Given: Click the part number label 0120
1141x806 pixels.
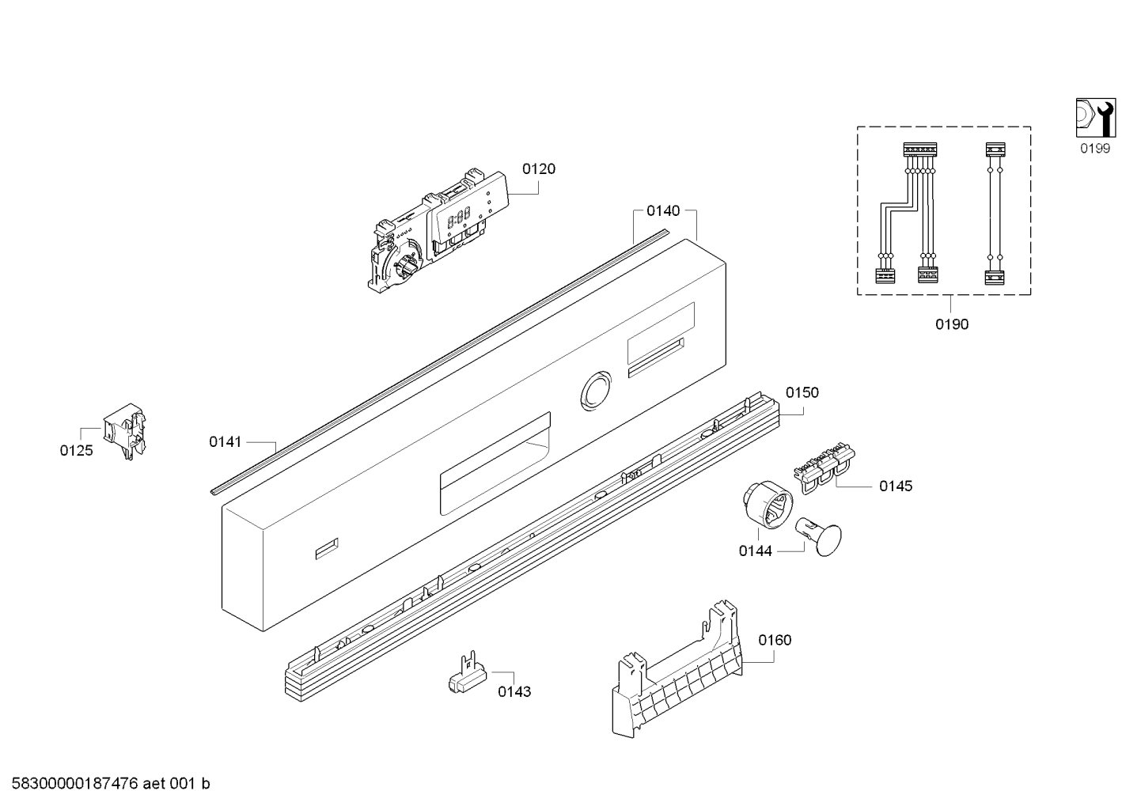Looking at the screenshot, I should point(538,168).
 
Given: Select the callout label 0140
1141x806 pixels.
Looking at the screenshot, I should point(663,210).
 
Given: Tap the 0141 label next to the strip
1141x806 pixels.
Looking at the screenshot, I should point(225,442).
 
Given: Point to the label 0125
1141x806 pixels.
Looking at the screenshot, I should point(76,451).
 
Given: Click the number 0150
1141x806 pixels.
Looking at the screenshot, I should point(802,392).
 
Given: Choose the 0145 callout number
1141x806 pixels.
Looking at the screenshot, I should point(896,486).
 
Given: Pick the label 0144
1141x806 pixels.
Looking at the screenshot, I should point(755,551).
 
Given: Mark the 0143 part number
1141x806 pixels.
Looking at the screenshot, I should point(514,691).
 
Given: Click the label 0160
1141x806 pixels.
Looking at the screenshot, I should point(775,640).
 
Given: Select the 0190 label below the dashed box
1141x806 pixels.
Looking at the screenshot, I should point(951,324).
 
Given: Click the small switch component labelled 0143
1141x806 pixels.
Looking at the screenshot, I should point(464,677).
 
